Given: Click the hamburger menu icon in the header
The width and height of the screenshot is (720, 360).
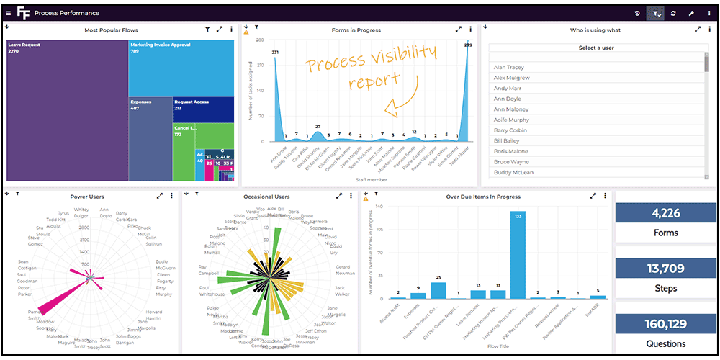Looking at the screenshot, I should (8, 13).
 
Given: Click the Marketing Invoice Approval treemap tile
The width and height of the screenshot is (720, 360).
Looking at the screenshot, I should (181, 68).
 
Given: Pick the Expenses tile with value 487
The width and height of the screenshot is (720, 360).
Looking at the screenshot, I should (150, 137).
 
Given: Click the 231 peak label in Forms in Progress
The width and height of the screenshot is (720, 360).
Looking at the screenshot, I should (275, 52).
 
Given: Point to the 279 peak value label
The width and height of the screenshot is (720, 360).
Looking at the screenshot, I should (468, 45).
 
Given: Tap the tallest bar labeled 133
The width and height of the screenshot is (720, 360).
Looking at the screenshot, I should (518, 255).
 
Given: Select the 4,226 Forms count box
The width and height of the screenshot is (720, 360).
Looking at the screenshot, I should (665, 213).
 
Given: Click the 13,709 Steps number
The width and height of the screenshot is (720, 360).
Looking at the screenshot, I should (665, 269).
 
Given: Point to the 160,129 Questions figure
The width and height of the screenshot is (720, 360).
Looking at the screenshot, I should (665, 323).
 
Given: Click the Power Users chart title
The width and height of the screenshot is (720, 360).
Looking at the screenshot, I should (88, 197).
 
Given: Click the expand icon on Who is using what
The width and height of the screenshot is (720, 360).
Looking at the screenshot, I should (698, 30).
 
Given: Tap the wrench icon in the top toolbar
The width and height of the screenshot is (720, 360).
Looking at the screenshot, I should (690, 13).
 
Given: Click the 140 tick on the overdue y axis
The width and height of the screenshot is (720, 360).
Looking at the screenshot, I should (379, 207).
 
